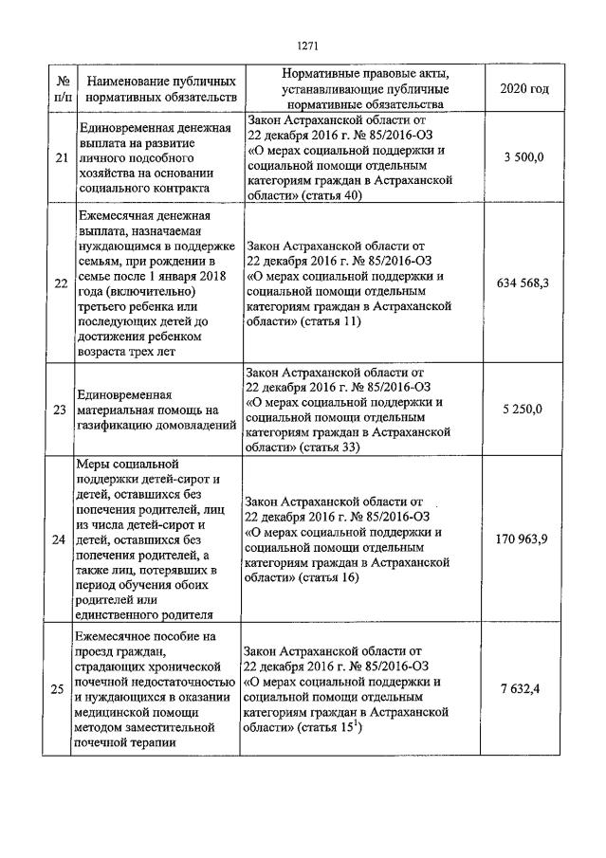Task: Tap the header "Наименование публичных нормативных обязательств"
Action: tap(158, 88)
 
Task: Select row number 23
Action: tap(61, 410)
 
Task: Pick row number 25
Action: tap(61, 688)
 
